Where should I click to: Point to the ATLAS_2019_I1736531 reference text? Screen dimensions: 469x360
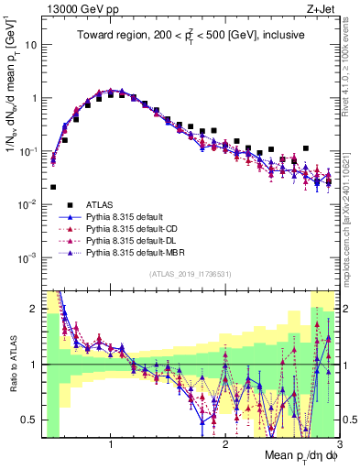pos(189,275)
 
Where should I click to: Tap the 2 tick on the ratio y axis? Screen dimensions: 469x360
pos(34,309)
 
